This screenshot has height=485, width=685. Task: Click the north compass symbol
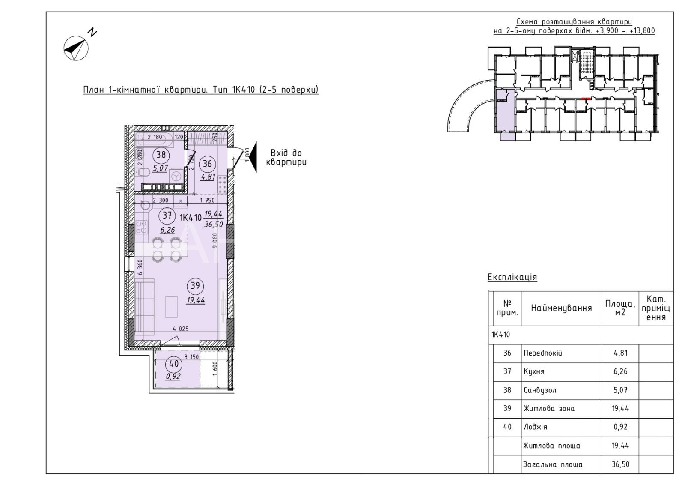coord(76,48)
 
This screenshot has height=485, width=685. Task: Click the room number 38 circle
coord(161,155)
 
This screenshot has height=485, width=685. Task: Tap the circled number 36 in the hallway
coord(207,164)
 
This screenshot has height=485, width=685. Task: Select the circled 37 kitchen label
coord(167,216)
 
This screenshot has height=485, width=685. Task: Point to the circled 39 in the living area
coord(195,286)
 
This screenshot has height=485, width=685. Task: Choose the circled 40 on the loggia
coord(174,364)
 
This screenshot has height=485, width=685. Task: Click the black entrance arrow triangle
coord(253,157)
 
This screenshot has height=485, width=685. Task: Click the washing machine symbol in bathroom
coord(176,176)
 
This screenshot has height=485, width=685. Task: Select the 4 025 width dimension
coord(181,329)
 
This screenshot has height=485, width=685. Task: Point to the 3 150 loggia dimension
coord(191,357)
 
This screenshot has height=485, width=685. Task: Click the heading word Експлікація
coord(512,277)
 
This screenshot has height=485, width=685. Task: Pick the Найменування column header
coord(561,308)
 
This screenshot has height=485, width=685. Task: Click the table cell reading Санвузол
coord(540,390)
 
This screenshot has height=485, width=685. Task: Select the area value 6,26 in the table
coord(620,371)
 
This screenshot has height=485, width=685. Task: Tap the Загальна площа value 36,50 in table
coord(620,464)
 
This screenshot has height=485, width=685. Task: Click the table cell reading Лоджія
coord(535,427)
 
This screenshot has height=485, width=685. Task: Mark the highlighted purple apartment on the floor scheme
coord(505,116)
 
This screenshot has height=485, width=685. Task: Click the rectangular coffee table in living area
coord(172,307)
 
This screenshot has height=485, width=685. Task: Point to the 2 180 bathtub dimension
coord(155,137)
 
